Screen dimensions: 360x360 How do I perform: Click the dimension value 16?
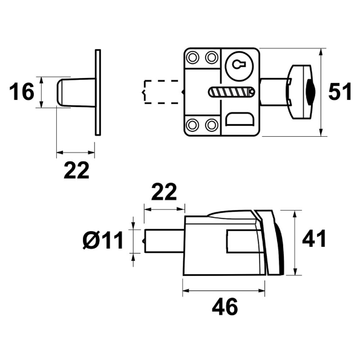tap(21, 93)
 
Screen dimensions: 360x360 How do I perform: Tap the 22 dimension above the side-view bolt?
tap(163, 192)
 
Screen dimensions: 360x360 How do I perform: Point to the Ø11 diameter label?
tap(102, 240)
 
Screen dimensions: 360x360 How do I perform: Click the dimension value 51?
tap(340, 92)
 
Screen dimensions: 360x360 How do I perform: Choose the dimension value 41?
tap(314, 239)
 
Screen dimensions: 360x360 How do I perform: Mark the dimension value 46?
tap(224, 307)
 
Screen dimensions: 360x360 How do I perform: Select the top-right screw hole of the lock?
tap(211, 58)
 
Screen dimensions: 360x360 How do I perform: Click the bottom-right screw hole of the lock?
tap(211, 125)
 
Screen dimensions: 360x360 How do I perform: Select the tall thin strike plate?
tap(96, 93)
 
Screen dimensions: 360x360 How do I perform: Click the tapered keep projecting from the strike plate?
tap(73, 92)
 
